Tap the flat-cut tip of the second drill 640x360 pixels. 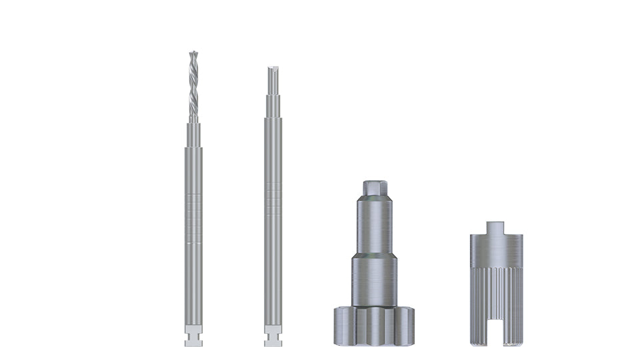(273, 73)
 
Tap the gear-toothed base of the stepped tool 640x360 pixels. (374, 325)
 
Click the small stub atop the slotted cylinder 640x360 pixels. (496, 227)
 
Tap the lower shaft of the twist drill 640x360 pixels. (193, 287)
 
